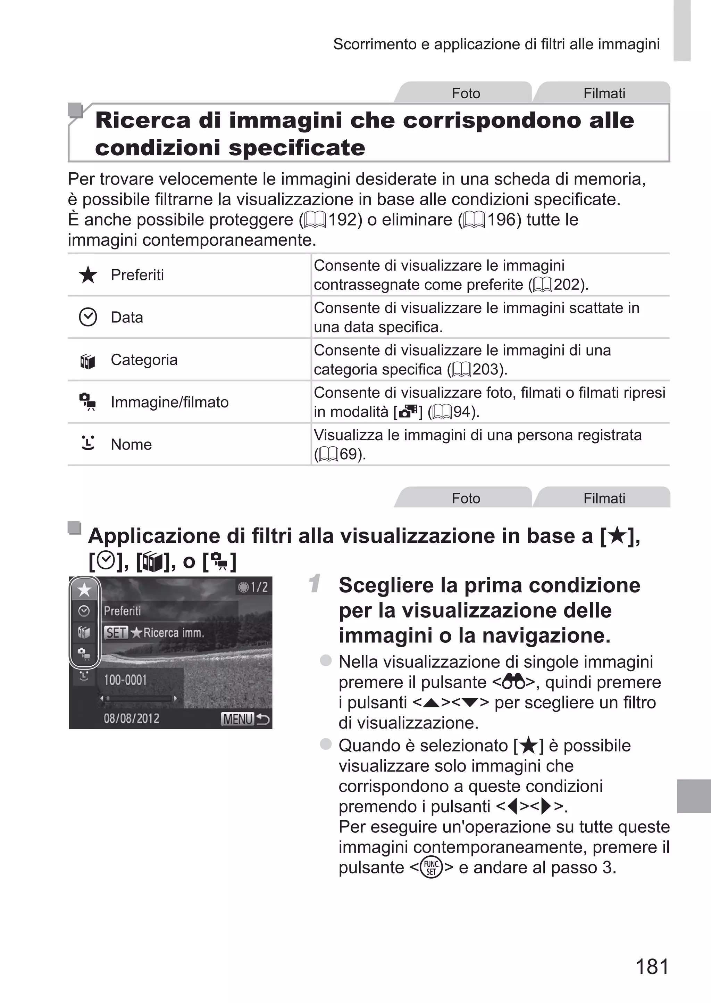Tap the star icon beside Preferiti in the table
coord(88,275)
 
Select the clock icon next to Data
coord(88,317)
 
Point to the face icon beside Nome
coord(88,443)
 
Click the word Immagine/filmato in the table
coord(169,402)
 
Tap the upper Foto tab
coord(466,93)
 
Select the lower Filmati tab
coord(604,499)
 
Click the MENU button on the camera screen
coord(238,719)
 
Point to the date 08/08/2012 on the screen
coord(131,719)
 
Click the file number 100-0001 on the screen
coord(125,680)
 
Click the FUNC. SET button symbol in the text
coord(431,867)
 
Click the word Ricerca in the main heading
coord(143,121)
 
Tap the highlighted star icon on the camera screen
coord(84,590)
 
